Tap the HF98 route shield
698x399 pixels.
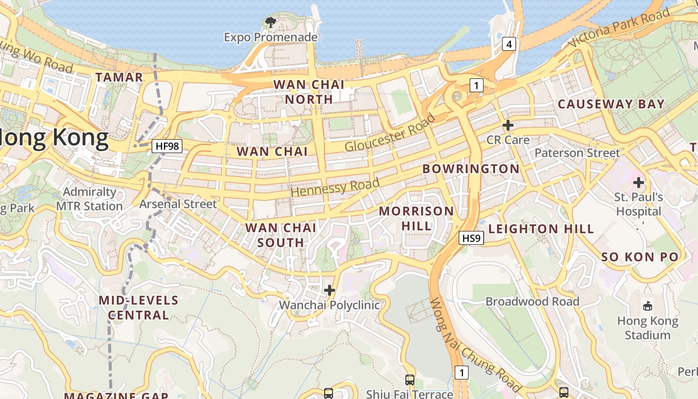[167, 146]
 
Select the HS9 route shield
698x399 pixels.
[471, 238]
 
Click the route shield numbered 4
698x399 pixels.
[508, 44]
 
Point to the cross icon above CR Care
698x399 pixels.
[508, 125]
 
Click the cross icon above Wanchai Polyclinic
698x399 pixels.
[329, 290]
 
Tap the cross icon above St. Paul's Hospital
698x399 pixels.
[639, 183]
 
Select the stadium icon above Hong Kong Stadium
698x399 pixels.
[648, 306]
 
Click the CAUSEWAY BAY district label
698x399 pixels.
[611, 104]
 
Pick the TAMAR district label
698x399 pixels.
[119, 77]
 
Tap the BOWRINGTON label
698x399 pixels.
[471, 169]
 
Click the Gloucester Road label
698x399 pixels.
[389, 133]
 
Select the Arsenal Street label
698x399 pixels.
[178, 204]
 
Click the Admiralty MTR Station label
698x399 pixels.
[89, 199]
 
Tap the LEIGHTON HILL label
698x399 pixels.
[541, 229]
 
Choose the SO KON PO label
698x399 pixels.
[640, 257]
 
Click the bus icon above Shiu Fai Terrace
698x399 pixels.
[409, 380]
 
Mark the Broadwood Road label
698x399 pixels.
[532, 302]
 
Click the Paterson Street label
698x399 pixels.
[577, 153]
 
